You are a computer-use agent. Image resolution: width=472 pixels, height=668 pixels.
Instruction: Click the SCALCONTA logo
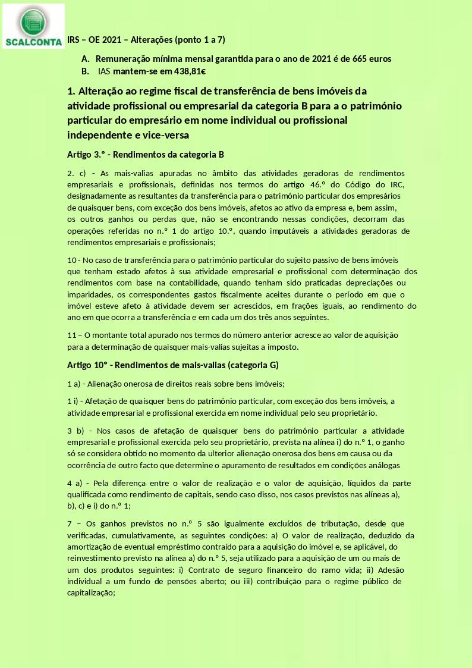pyautogui.click(x=33, y=26)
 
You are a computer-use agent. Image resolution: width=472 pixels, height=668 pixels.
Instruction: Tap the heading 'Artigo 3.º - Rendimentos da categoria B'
pyautogui.click(x=145, y=155)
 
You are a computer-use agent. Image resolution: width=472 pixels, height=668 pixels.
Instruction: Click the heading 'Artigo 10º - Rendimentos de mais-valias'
pyautogui.click(x=172, y=365)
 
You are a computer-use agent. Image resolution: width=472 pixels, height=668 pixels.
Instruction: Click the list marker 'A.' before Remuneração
pyautogui.click(x=86, y=59)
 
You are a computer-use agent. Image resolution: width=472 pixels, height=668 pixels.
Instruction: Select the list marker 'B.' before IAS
pyautogui.click(x=86, y=72)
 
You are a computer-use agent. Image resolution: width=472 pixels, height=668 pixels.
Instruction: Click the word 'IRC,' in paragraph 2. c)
pyautogui.click(x=394, y=184)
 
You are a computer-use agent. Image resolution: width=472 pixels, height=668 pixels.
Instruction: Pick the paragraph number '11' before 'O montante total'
pyautogui.click(x=71, y=335)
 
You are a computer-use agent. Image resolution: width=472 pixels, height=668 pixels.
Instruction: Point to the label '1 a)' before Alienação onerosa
pyautogui.click(x=74, y=384)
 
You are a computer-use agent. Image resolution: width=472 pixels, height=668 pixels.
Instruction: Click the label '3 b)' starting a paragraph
pyautogui.click(x=75, y=431)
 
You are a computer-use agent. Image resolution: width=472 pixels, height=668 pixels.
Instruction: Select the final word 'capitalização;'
pyautogui.click(x=90, y=593)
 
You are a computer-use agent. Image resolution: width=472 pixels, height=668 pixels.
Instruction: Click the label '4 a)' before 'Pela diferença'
pyautogui.click(x=75, y=483)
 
